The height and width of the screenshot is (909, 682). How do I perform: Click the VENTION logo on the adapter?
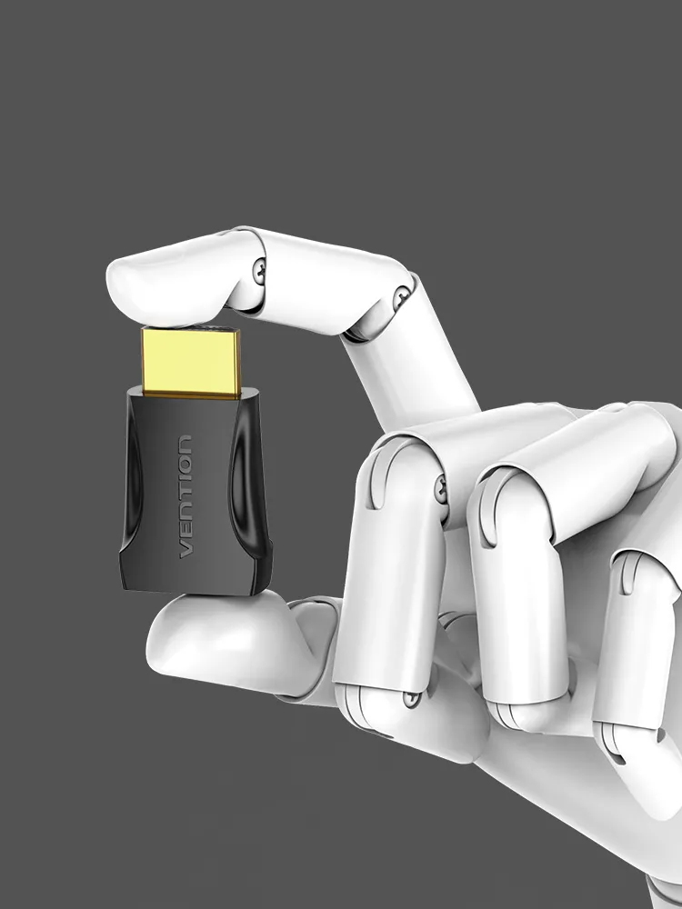click(x=186, y=496)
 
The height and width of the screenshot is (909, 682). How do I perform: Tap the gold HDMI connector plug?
click(x=191, y=363)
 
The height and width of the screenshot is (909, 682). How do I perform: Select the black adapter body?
click(x=196, y=492)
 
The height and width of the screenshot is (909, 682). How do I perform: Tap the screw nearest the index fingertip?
click(x=260, y=270)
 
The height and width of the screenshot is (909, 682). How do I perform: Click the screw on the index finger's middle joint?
click(x=401, y=298)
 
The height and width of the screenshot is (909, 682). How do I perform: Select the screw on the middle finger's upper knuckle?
click(x=441, y=489)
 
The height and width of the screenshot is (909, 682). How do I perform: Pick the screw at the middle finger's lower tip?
click(x=412, y=699)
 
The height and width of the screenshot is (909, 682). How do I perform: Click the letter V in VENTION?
click(x=186, y=549)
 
